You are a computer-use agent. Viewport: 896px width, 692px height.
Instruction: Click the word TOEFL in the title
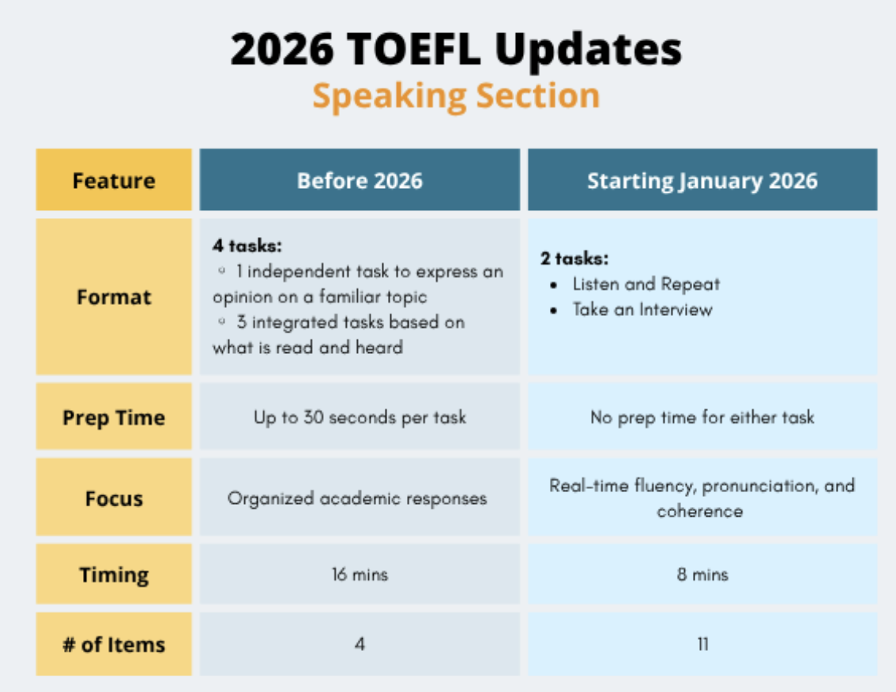[414, 49]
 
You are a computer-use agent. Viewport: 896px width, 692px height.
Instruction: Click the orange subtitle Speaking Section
[456, 96]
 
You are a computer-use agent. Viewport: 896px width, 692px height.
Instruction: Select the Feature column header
[114, 181]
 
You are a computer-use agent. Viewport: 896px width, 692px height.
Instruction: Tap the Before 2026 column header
[360, 181]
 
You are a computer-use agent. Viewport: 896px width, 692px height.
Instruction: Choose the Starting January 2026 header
[702, 181]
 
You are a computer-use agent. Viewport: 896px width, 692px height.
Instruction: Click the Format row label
[114, 297]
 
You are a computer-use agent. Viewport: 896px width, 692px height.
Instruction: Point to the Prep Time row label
[114, 418]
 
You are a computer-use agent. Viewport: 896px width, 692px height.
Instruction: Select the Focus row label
[114, 498]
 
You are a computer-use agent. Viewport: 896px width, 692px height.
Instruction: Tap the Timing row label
[114, 575]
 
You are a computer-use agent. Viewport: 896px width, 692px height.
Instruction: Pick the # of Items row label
[114, 645]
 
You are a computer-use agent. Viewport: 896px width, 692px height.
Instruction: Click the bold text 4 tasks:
[247, 246]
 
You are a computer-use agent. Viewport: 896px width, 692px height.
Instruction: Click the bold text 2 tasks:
[574, 258]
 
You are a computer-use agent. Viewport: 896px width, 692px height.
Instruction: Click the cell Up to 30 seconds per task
[360, 417]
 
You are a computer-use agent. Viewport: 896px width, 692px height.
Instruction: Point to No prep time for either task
[702, 417]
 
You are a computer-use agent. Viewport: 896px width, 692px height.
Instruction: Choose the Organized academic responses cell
[357, 498]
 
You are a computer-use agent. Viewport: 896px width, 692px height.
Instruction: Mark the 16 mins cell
[360, 574]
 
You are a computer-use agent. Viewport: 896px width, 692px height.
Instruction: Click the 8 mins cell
[703, 574]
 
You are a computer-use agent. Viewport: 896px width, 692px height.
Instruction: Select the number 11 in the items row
[703, 645]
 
